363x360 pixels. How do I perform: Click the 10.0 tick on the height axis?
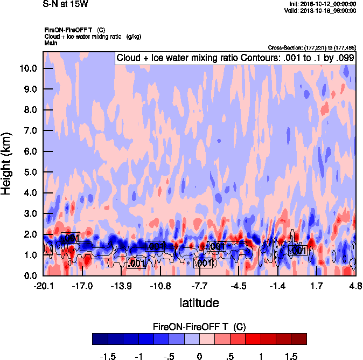pos(29,68)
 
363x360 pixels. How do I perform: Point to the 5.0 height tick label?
pos(29,172)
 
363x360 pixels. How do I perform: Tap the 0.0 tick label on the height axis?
pos(29,276)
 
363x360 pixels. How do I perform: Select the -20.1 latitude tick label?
pos(43,286)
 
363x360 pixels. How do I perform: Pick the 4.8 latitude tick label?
pos(355,286)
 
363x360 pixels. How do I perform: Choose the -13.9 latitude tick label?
pos(121,286)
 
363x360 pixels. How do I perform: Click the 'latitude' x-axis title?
pos(199,302)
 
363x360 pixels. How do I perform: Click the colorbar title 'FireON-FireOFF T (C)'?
pos(199,327)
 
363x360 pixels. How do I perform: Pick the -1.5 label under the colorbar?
pos(108,356)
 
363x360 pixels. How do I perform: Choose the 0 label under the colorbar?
pos(199,356)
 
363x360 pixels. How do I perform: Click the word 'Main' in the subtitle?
pos(51,42)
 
